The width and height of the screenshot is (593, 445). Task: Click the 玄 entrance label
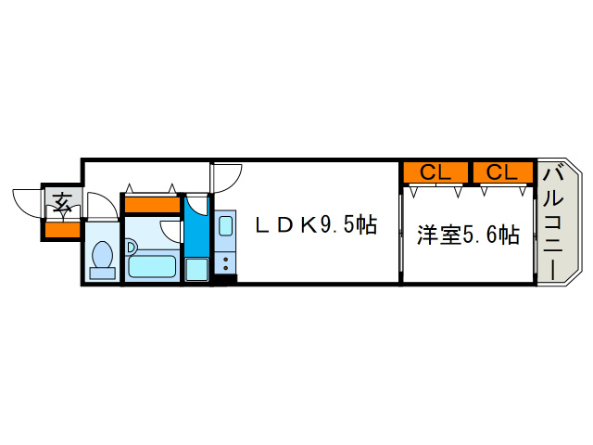coord(62,202)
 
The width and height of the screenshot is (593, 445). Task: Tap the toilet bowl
coord(103,254)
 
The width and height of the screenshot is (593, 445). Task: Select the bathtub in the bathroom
coord(152,266)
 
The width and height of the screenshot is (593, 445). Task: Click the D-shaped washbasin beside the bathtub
coord(131,248)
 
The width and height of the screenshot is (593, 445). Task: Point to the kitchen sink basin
coord(225,225)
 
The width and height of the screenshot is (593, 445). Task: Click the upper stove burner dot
coord(226,260)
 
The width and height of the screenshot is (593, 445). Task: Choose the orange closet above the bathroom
coord(152,205)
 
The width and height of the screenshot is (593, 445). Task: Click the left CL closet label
coord(435,172)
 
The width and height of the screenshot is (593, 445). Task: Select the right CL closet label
coord(501,172)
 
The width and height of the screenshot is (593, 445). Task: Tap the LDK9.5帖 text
coord(316,225)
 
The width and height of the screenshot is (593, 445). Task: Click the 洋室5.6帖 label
coord(468,235)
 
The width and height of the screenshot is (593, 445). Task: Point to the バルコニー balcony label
coord(552,224)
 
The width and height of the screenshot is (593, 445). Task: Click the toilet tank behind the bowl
coord(103,273)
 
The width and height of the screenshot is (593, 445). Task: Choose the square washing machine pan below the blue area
coord(196,270)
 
